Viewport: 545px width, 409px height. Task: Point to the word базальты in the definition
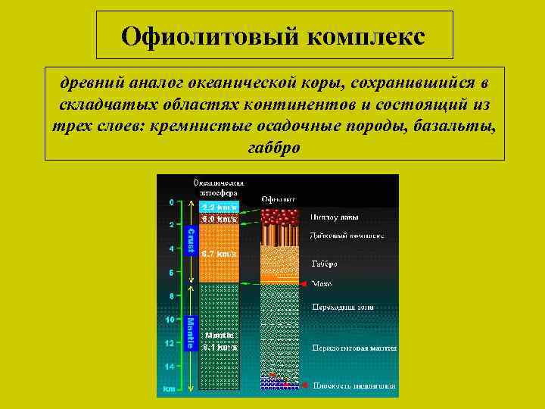click(455, 125)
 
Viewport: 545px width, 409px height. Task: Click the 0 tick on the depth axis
click(171, 202)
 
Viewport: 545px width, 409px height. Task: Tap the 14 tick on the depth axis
click(171, 367)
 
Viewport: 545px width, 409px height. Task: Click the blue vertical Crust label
click(191, 240)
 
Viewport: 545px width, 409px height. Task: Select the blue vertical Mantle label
click(191, 333)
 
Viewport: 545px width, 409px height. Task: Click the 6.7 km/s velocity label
click(219, 254)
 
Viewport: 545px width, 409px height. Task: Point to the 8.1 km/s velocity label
click(219, 346)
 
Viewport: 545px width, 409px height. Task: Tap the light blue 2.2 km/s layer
click(219, 207)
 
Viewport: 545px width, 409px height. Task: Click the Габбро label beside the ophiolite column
click(324, 264)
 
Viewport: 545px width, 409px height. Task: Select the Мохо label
click(322, 284)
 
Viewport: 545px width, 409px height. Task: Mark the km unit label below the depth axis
click(168, 389)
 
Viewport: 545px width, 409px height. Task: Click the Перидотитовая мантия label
click(354, 347)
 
